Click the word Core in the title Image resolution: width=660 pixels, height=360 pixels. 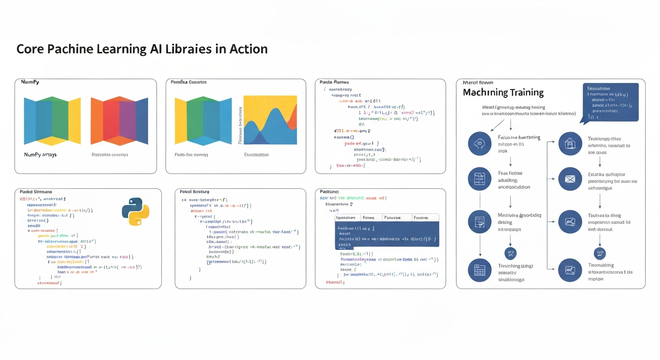click(30, 49)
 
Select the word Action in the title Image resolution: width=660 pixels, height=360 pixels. click(248, 49)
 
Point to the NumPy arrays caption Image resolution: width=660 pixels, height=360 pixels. click(40, 154)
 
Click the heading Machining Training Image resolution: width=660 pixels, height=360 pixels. click(503, 92)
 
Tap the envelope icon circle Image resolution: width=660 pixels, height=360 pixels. click(570, 179)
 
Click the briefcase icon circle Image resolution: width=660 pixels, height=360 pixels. click(570, 144)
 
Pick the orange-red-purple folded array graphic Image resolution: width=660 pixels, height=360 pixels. click(119, 121)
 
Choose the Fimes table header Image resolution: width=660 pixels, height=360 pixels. click(368, 217)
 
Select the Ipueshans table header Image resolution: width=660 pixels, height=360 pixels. click(347, 217)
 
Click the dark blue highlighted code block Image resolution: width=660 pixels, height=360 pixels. click(387, 234)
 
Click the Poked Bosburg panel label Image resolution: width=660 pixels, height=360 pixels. click(195, 192)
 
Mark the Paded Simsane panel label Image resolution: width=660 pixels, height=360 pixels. click(36, 192)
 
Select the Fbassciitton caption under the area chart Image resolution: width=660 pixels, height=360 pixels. click(256, 154)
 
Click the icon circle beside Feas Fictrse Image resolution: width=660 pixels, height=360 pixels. click(480, 179)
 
